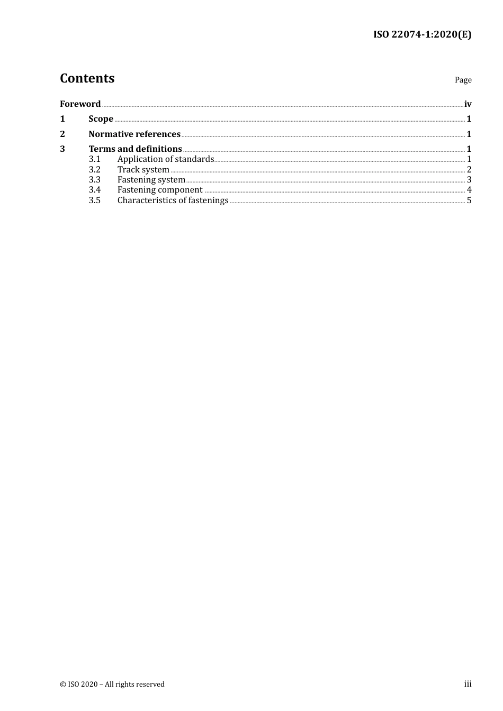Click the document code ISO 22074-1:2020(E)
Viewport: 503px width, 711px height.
[422, 35]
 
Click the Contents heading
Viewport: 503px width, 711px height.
[87, 78]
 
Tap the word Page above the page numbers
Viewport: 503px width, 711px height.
[463, 80]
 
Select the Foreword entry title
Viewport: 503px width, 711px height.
[80, 104]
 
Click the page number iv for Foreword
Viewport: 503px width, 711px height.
[468, 104]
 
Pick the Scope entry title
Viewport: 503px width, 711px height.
[101, 119]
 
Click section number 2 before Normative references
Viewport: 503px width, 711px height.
[62, 134]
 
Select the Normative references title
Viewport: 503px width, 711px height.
[134, 134]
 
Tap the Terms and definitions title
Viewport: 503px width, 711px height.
[135, 149]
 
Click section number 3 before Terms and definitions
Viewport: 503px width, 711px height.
[62, 149]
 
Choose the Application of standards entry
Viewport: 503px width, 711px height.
[166, 159]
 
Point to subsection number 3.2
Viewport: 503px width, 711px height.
[94, 170]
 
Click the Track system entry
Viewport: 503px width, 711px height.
[143, 170]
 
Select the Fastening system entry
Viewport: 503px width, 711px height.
[151, 180]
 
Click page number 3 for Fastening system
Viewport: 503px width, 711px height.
[469, 180]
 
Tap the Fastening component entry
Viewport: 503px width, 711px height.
[160, 190]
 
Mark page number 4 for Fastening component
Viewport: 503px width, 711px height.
[469, 190]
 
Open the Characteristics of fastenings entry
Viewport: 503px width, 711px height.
[173, 200]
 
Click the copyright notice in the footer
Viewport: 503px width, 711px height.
[112, 685]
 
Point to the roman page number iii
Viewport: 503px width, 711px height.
[468, 684]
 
